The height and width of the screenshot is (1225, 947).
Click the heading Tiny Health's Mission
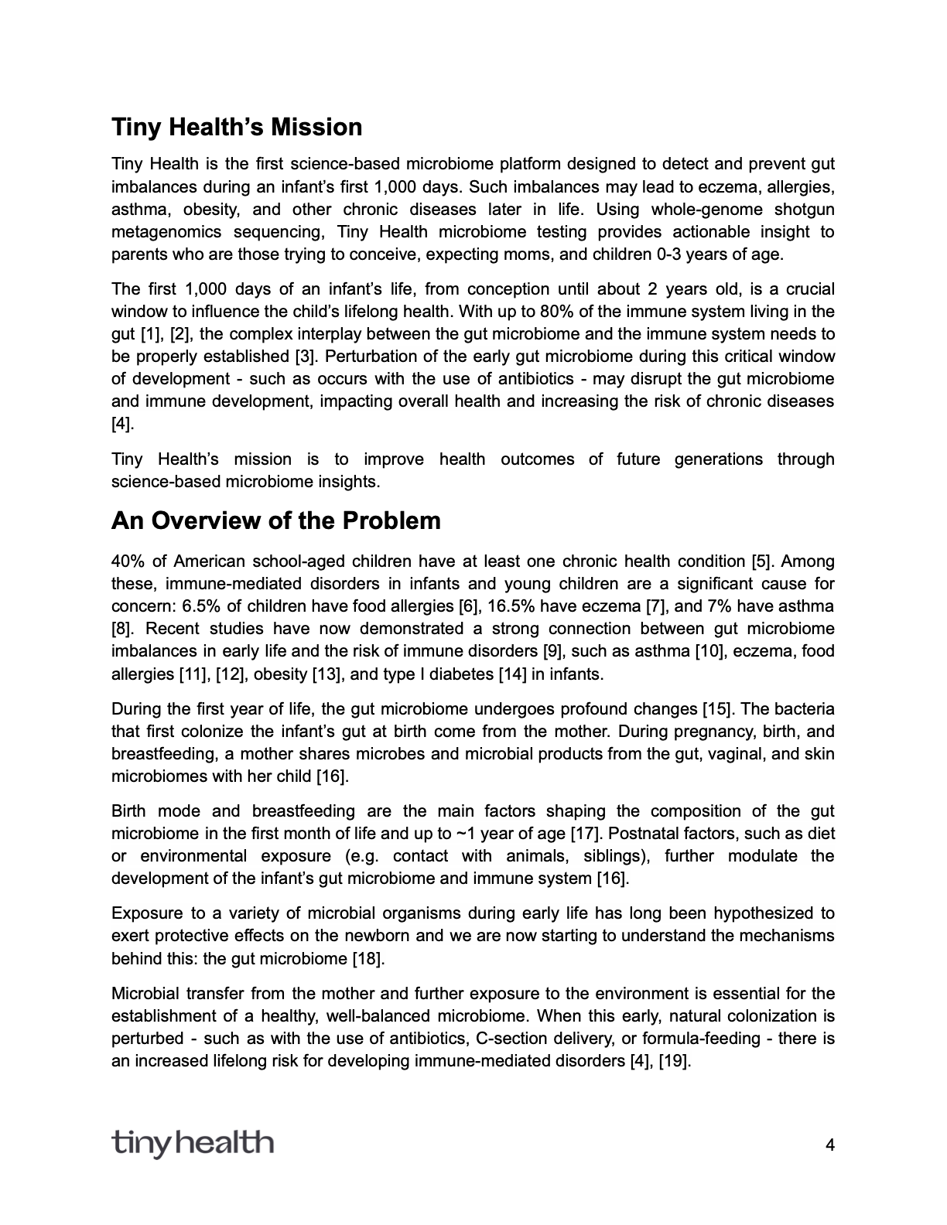pyautogui.click(x=237, y=128)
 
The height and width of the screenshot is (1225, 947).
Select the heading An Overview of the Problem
pyautogui.click(x=276, y=520)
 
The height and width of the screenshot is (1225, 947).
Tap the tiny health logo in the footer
pyautogui.click(x=192, y=1142)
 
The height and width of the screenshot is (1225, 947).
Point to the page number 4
pyautogui.click(x=830, y=1145)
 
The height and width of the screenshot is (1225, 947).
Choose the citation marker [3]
pyautogui.click(x=303, y=357)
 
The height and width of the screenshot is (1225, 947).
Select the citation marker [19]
pyautogui.click(x=673, y=1061)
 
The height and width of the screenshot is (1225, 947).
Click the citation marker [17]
pyautogui.click(x=583, y=834)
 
